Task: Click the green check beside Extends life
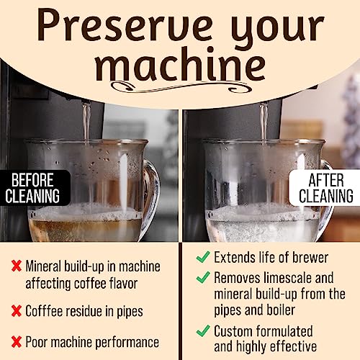click(x=202, y=256)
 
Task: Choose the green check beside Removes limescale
click(x=202, y=276)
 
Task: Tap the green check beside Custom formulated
click(x=202, y=330)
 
